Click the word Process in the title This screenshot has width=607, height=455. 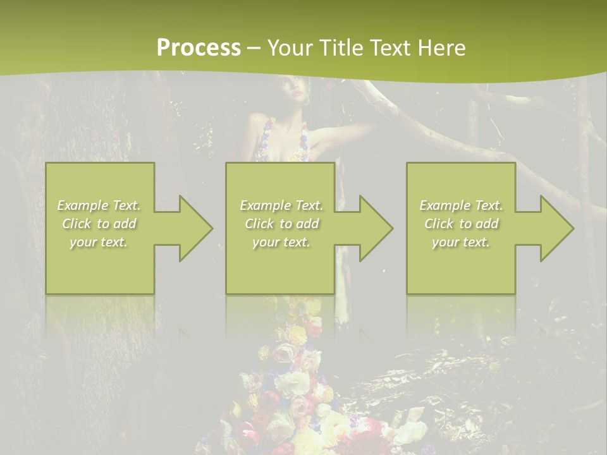click(x=199, y=48)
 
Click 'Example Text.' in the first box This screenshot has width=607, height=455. click(x=99, y=205)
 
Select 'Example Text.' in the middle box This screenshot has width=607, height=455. click(x=281, y=205)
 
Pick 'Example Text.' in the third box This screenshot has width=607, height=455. click(x=461, y=205)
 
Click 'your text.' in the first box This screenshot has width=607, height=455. click(x=99, y=242)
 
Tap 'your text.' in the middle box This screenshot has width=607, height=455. click(x=281, y=242)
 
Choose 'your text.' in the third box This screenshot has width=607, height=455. click(x=461, y=242)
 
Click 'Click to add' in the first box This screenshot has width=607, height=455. click(x=99, y=224)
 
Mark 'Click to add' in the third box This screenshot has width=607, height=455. click(x=461, y=224)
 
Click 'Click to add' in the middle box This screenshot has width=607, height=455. click(x=281, y=224)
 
